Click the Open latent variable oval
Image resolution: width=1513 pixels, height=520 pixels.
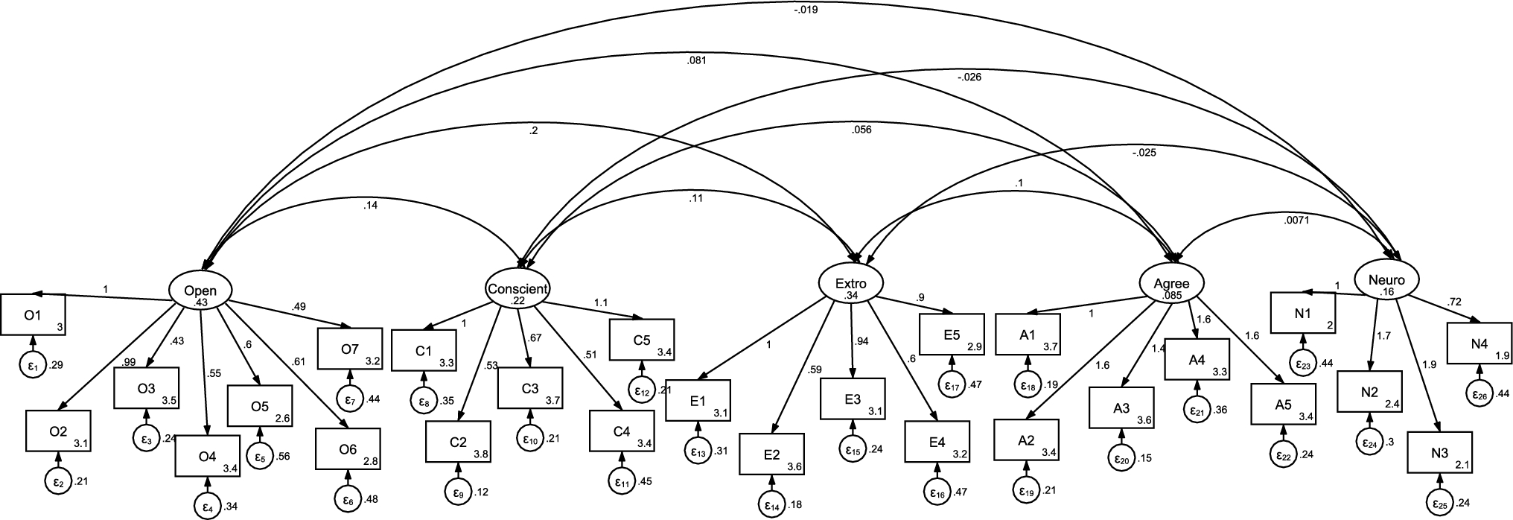(200, 290)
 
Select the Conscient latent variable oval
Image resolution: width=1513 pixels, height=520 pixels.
(518, 288)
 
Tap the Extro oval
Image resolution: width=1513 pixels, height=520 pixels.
(851, 284)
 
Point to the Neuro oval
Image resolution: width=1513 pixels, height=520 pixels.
(1386, 280)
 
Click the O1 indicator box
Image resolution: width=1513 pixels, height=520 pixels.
(33, 315)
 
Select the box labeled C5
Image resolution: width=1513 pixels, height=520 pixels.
(642, 340)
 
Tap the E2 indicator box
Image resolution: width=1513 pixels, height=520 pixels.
(772, 454)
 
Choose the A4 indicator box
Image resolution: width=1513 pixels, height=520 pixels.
(1197, 360)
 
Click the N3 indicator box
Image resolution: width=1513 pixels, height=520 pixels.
(1439, 452)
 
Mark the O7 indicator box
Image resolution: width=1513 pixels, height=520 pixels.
(349, 348)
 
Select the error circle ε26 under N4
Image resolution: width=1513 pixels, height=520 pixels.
(1479, 393)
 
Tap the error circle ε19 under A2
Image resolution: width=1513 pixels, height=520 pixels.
(1027, 491)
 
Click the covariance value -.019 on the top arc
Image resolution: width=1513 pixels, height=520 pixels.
(806, 11)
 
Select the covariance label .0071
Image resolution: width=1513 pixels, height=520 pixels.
(1296, 220)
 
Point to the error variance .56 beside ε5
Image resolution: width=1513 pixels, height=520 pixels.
(283, 456)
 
